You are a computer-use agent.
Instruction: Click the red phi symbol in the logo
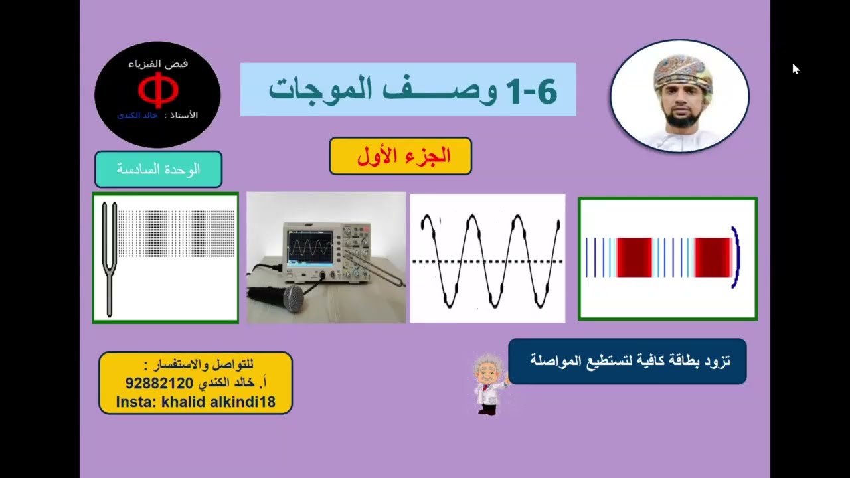pos(158,92)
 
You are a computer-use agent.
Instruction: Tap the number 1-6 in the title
pos(531,91)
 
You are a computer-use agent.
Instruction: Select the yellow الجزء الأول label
pos(400,156)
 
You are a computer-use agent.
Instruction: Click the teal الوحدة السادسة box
pos(158,169)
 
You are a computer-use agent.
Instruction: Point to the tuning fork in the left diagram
pos(110,259)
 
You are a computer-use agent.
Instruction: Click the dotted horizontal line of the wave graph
pos(487,262)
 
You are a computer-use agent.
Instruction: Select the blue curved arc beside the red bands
pos(735,258)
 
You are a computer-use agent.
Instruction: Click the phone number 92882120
pos(159,384)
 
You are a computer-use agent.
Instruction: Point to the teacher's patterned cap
pos(683,72)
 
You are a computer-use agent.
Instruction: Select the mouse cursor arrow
pos(796,69)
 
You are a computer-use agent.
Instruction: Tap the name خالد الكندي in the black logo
pos(138,115)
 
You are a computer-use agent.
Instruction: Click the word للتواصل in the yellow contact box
pos(236,365)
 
